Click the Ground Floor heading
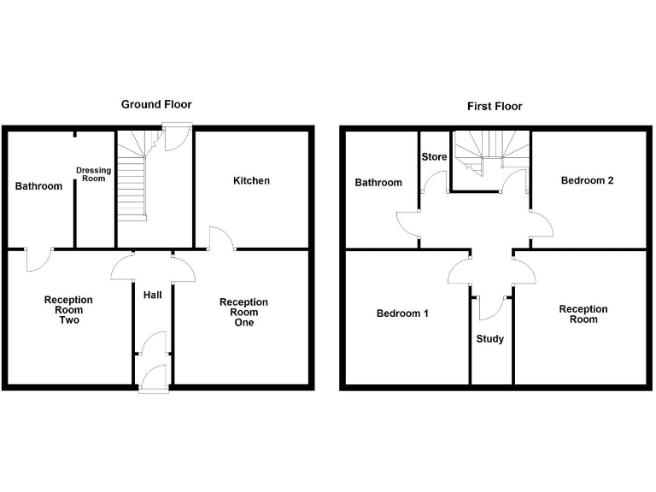click(155, 104)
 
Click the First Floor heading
click(495, 107)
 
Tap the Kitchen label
click(251, 181)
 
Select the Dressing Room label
click(94, 174)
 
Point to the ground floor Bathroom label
click(38, 186)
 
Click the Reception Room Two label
click(68, 310)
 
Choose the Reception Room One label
click(243, 313)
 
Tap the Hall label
click(153, 295)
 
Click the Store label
click(434, 157)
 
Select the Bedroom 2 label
click(587, 181)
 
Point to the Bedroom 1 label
click(402, 313)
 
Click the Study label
click(489, 339)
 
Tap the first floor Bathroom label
click(378, 183)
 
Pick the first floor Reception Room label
click(583, 314)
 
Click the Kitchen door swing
click(219, 238)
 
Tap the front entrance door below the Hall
click(152, 378)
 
